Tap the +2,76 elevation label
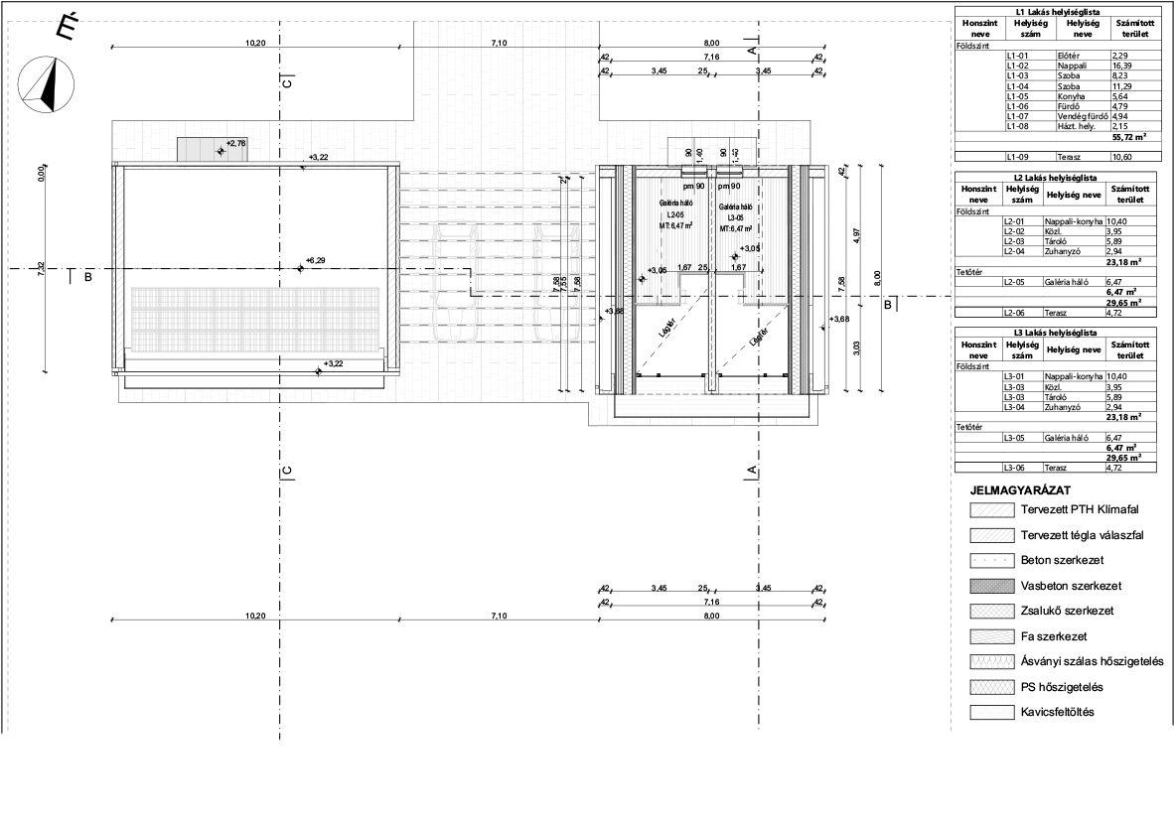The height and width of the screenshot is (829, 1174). coord(235,144)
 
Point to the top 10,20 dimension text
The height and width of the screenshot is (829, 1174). coord(255,43)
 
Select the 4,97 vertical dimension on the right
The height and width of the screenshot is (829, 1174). coord(855,236)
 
